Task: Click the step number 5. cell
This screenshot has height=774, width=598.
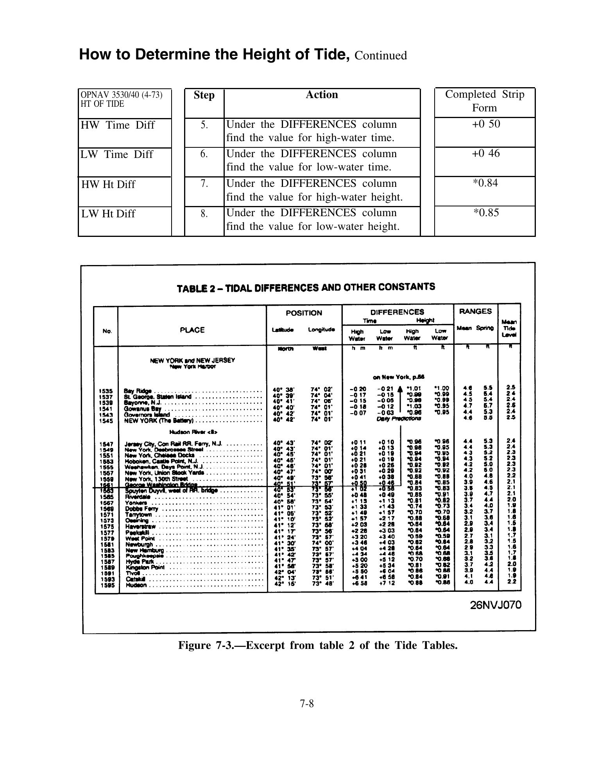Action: pos(204,125)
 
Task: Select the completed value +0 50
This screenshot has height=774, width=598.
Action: pos(486,124)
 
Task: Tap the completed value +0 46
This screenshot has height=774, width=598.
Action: pos(486,153)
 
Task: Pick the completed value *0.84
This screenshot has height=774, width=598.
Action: pos(485,183)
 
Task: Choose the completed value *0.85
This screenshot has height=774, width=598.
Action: pos(486,213)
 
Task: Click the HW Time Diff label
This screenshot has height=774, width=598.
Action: pos(117,125)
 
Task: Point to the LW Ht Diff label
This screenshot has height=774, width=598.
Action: pos(108,214)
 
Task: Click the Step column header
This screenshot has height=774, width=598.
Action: pos(204,95)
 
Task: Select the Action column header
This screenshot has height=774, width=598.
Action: pos(322,95)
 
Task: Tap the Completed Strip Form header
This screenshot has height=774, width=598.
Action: pos(485,101)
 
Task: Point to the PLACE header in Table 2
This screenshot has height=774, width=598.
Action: pos(192,330)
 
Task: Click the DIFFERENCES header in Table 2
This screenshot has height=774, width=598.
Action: pos(397,312)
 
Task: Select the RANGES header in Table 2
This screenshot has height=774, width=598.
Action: pos(475,311)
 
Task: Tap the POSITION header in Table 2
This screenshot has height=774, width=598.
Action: pos(304,313)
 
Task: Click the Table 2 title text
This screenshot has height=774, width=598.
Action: pos(306,287)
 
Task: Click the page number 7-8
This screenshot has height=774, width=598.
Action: pos(307,704)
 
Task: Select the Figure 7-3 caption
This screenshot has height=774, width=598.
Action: pos(318,645)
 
